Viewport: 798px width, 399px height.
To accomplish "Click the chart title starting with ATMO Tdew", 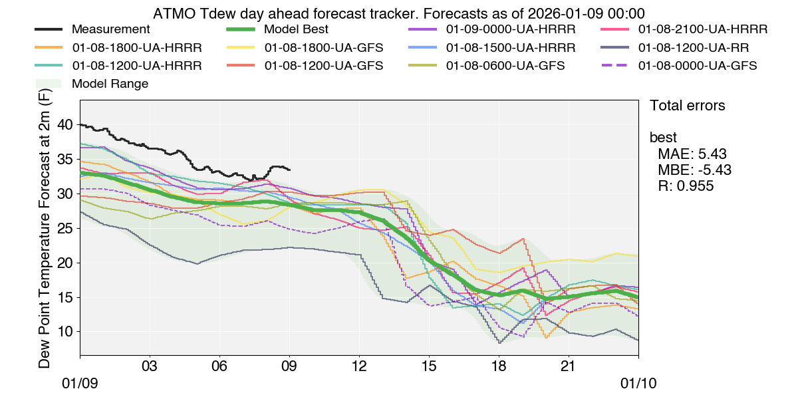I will click(x=398, y=13).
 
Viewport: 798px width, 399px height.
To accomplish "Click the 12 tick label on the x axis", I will click(x=359, y=366).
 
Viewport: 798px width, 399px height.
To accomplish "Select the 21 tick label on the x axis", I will click(x=569, y=366).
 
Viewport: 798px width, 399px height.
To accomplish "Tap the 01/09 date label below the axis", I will click(x=80, y=384).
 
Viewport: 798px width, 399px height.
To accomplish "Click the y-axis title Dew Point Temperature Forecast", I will click(x=45, y=229).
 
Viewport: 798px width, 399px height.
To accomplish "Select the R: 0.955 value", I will click(x=686, y=186).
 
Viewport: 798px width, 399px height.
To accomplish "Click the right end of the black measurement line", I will click(x=289, y=170).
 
